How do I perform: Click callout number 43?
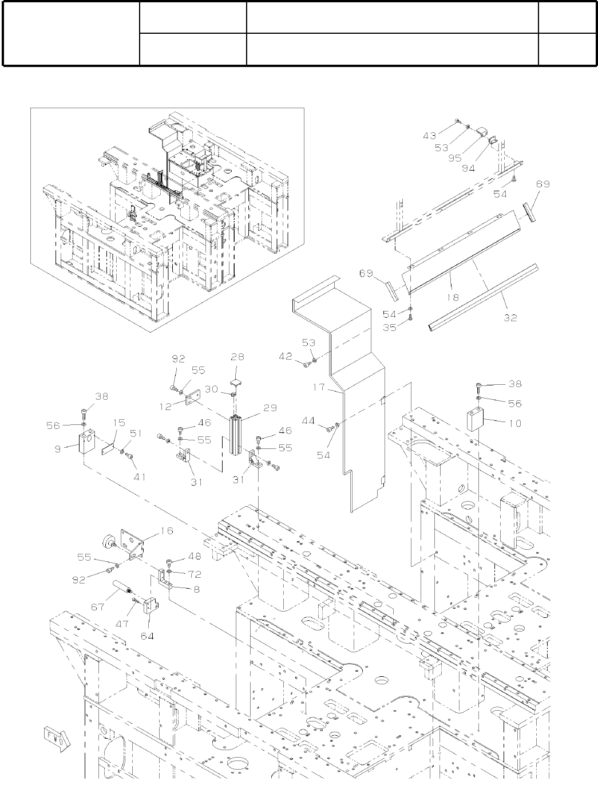click(x=430, y=136)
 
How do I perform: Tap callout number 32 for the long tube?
click(x=510, y=318)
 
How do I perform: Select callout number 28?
click(x=237, y=357)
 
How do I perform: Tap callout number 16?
click(x=167, y=531)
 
